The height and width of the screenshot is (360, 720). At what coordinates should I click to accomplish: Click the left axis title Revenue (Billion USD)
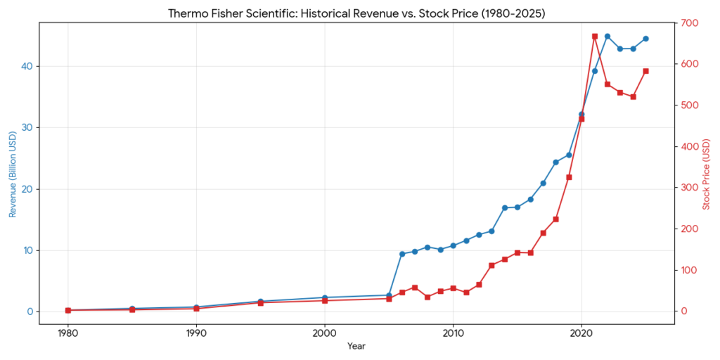point(13,173)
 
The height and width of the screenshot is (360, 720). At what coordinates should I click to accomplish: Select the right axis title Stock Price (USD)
point(706,173)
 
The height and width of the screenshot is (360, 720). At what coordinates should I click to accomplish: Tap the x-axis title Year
point(356,346)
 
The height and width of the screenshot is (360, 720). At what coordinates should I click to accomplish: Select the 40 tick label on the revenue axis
point(27,66)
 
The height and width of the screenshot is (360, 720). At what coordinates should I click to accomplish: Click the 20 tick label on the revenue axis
point(27,189)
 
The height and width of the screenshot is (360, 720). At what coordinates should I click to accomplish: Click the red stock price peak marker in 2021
point(594,36)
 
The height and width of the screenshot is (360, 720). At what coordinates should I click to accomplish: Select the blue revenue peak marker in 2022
point(607,37)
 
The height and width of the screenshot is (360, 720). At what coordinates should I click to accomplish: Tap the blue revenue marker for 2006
point(402,254)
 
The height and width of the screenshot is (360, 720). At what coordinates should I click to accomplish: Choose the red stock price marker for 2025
point(645,71)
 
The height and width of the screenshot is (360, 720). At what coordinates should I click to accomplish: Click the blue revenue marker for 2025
point(645,39)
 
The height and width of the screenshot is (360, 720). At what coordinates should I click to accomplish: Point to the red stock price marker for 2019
point(569,177)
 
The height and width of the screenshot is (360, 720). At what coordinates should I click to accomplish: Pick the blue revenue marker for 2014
point(505,208)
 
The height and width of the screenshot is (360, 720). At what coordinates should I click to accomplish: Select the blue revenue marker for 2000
point(325,297)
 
